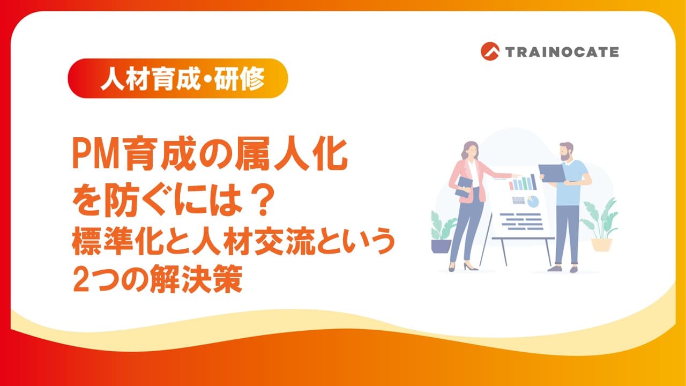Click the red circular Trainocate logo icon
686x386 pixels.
tap(490, 51)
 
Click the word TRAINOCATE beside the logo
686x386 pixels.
tap(562, 52)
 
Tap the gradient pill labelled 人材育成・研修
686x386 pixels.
tap(177, 78)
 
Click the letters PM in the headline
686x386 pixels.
tap(95, 155)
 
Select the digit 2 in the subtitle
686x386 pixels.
tap(80, 279)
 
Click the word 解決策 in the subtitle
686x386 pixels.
tap(196, 279)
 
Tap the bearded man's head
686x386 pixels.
tap(566, 151)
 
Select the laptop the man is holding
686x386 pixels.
tap(551, 173)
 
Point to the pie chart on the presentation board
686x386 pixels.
tap(533, 201)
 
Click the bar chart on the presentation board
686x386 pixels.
tap(523, 182)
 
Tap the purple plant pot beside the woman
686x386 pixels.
tap(441, 246)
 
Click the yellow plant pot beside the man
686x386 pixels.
tap(601, 245)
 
